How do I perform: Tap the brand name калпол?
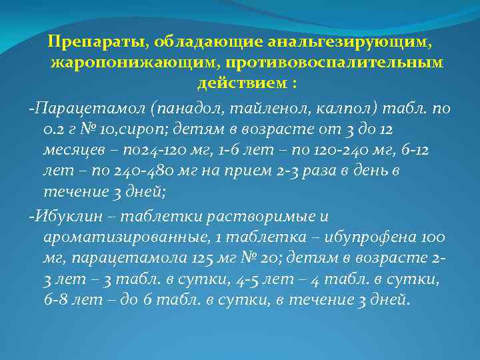[x=349, y=107]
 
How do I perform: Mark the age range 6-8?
[x=59, y=300]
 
